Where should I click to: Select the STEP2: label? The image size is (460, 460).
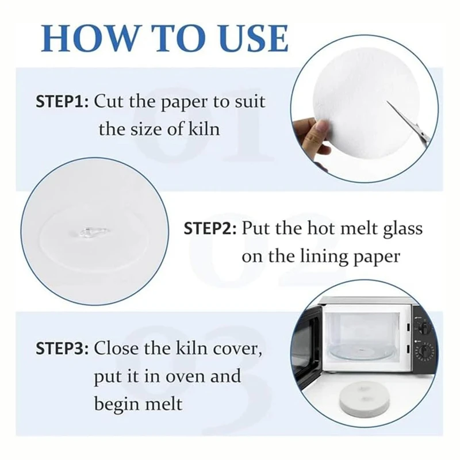point(210,229)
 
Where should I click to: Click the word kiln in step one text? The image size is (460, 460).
point(203,128)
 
